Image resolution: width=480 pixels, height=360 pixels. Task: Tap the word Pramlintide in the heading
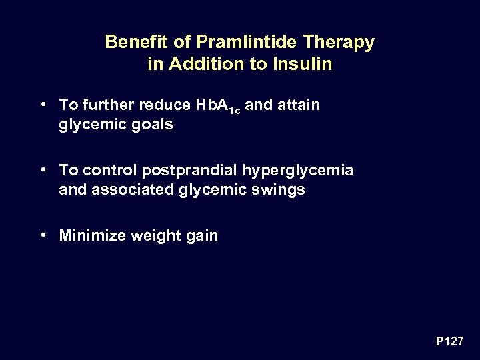230,43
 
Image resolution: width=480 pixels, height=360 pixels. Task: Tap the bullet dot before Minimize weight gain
42,235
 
